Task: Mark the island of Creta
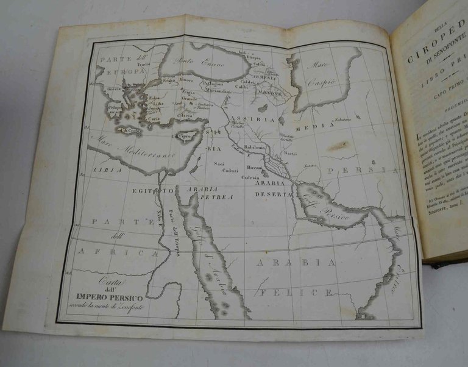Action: (x=130, y=130)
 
